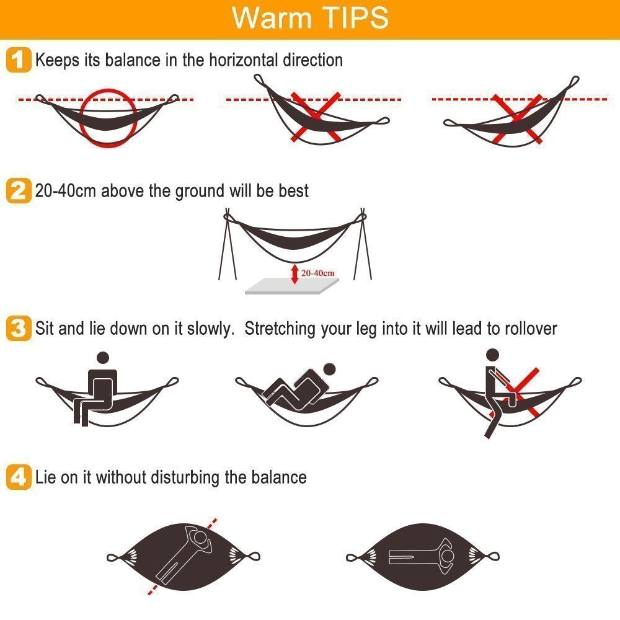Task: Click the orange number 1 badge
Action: pyautogui.click(x=19, y=60)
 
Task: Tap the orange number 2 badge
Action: pyautogui.click(x=19, y=190)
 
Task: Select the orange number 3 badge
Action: pyautogui.click(x=19, y=328)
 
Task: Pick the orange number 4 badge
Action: pyautogui.click(x=19, y=477)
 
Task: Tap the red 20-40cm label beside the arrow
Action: pyautogui.click(x=317, y=273)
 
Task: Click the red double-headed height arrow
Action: pyautogui.click(x=294, y=274)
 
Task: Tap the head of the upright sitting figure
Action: pyautogui.click(x=103, y=358)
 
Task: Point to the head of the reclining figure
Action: pyautogui.click(x=329, y=370)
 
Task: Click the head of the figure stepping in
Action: pyautogui.click(x=492, y=355)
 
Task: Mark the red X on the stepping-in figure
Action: pyautogui.click(x=515, y=392)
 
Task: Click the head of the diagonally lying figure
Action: pyautogui.click(x=201, y=538)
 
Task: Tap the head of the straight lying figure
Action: pyautogui.click(x=448, y=557)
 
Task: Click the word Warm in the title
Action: pyautogui.click(x=272, y=17)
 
